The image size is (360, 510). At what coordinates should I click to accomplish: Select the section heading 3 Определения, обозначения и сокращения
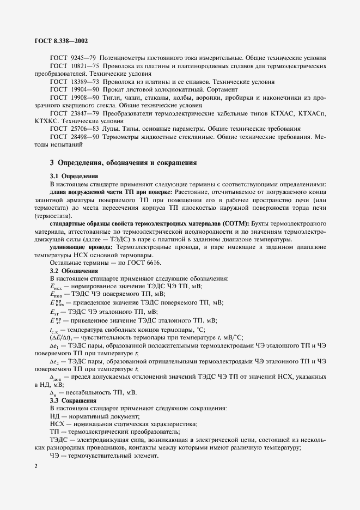pos(120,162)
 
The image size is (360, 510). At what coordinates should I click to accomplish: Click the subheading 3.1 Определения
pos(74,177)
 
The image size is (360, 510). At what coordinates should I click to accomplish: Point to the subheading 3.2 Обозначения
pos(74,271)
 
